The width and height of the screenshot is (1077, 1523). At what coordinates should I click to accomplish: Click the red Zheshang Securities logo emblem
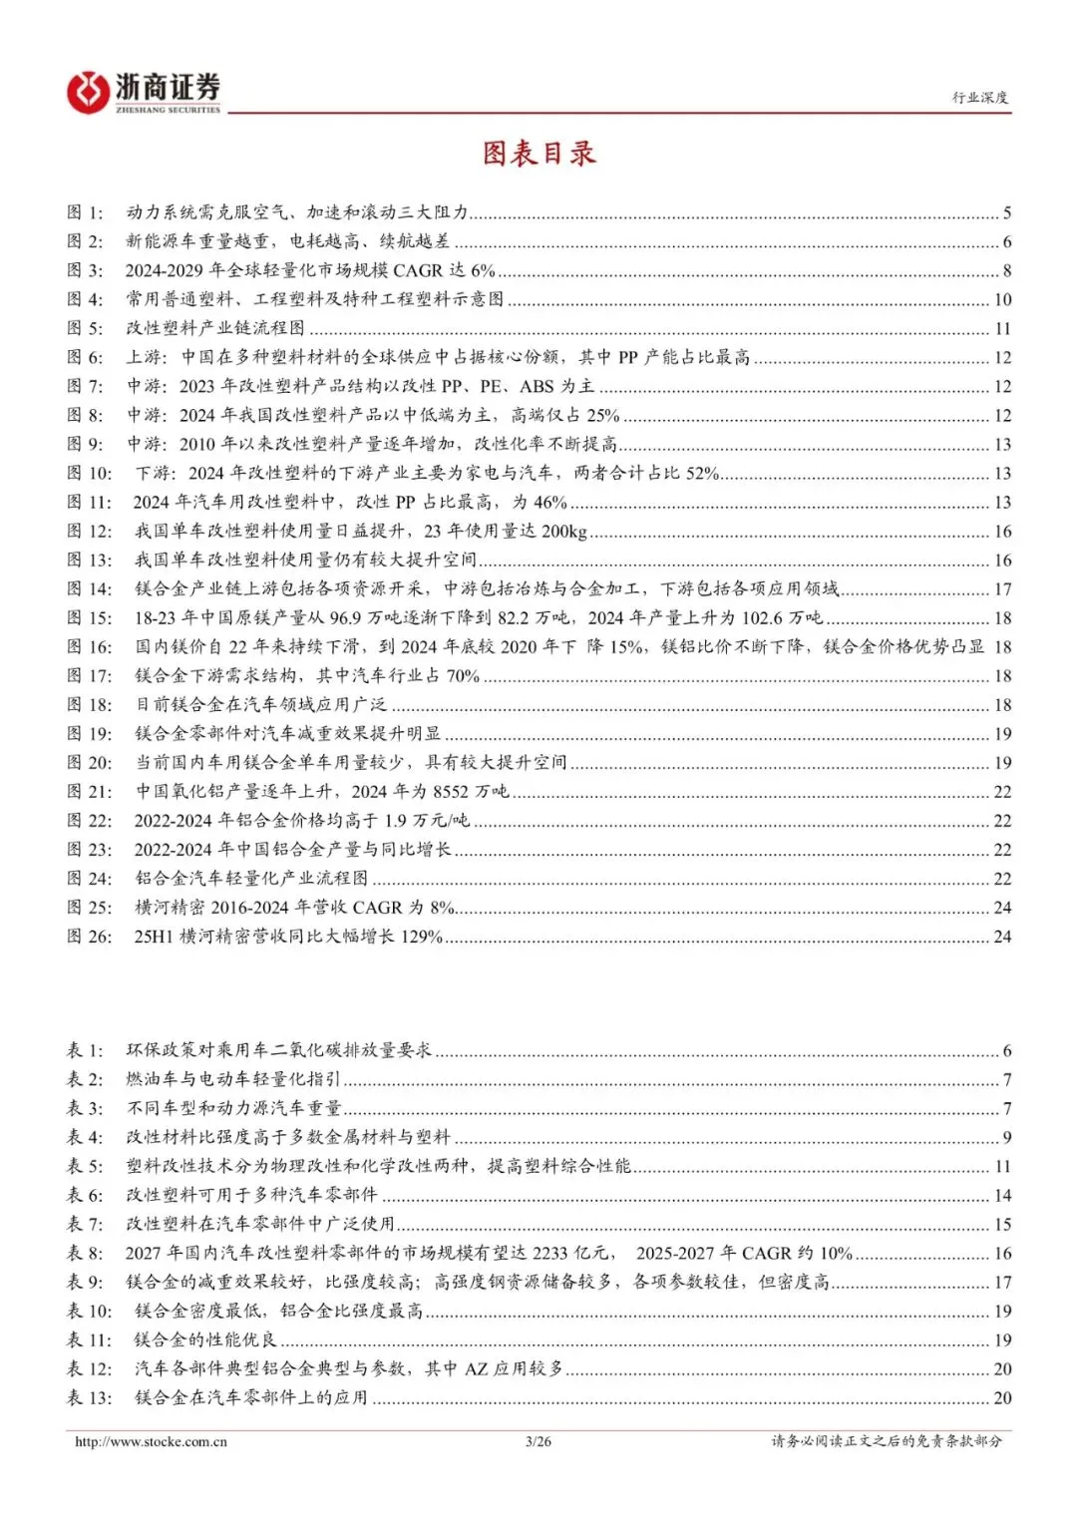[87, 93]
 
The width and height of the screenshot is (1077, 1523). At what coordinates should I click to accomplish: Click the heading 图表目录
[538, 153]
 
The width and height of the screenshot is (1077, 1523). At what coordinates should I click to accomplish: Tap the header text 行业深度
[979, 97]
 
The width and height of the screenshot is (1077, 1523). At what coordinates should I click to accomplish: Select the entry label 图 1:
[85, 212]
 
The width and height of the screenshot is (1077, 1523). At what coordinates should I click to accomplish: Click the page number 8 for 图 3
[1007, 270]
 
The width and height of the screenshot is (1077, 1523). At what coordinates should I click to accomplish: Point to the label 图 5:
[85, 328]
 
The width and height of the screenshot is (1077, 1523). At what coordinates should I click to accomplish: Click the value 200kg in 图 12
[565, 532]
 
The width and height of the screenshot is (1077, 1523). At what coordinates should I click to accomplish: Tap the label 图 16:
[89, 647]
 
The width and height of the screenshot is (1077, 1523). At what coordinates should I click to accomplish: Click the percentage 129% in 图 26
[421, 937]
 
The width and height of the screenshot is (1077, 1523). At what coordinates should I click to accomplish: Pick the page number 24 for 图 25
[1002, 908]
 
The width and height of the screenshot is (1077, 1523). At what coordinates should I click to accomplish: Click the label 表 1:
[85, 1050]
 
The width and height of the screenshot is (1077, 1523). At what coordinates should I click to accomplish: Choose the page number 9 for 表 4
[1007, 1137]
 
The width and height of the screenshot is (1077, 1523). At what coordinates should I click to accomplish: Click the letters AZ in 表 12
[476, 1369]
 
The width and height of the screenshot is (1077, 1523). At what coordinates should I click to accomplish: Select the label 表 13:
[89, 1398]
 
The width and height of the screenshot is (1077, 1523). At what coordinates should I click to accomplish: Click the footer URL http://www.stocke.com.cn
[151, 1441]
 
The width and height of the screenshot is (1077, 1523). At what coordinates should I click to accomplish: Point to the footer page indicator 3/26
[538, 1441]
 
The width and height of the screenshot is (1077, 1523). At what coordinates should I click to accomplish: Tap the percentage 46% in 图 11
[549, 503]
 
